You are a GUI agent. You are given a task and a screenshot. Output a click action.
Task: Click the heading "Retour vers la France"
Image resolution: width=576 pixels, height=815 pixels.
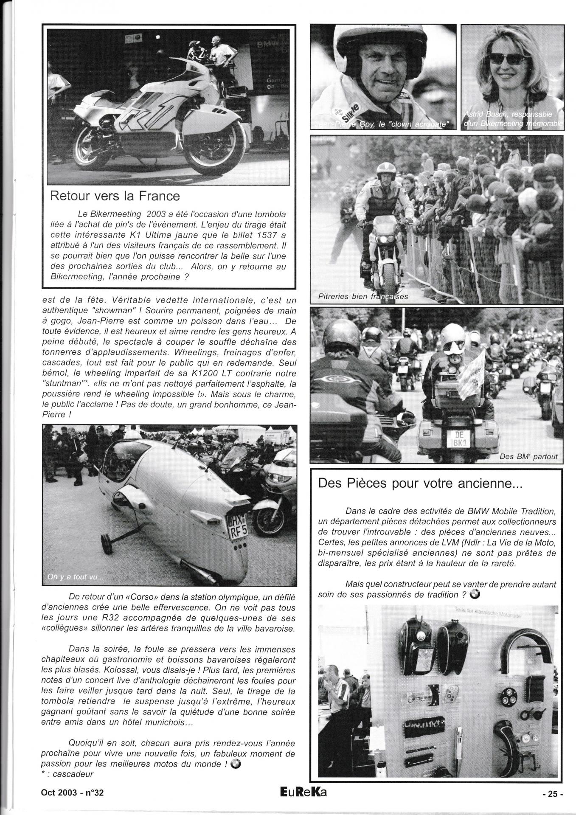pos(115,196)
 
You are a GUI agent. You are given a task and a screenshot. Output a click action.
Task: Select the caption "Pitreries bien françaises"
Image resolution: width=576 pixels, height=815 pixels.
pos(363,296)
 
